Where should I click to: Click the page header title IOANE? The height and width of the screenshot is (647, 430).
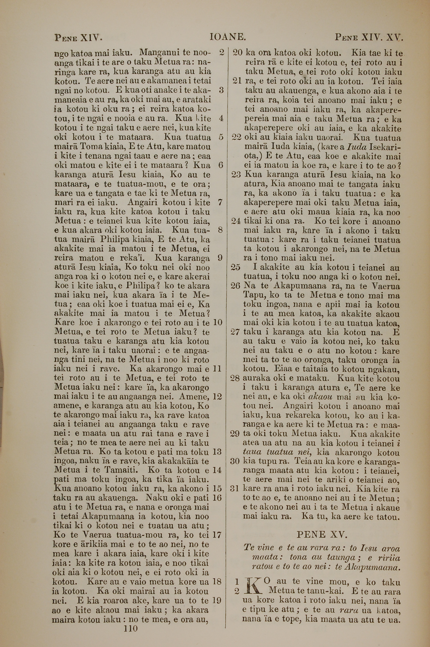(227, 37)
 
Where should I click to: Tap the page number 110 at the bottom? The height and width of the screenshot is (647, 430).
(131, 628)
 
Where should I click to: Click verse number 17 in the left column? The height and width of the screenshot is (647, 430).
(217, 535)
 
